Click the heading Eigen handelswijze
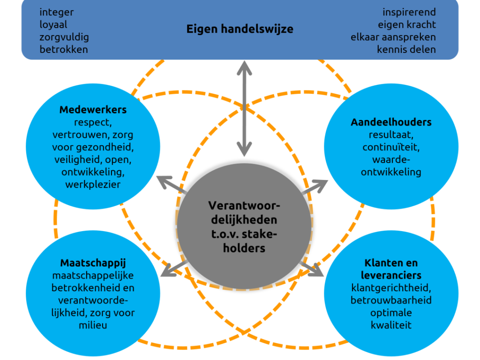point(240,30)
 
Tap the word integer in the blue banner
point(57,13)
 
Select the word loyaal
point(53,24)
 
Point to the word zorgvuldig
point(64,37)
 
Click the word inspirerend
point(409,13)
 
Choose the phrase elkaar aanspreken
point(393,37)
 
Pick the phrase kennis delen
point(406,50)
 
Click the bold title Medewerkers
point(93,110)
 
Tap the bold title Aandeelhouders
point(391,122)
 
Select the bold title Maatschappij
point(93,263)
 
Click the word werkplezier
point(93,185)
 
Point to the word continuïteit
point(391,147)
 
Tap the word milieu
point(93,325)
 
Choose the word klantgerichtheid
point(391,288)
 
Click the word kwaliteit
point(391,325)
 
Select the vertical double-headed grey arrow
point(244,109)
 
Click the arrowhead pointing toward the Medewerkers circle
point(164,182)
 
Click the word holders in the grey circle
point(244,248)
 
